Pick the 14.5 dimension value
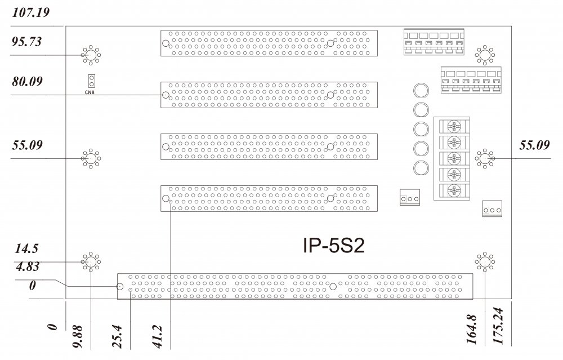tap(26, 248)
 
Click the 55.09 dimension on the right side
tap(533, 145)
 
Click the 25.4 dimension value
tap(118, 336)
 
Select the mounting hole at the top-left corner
tap(90, 55)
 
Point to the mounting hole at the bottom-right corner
tap(484, 262)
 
